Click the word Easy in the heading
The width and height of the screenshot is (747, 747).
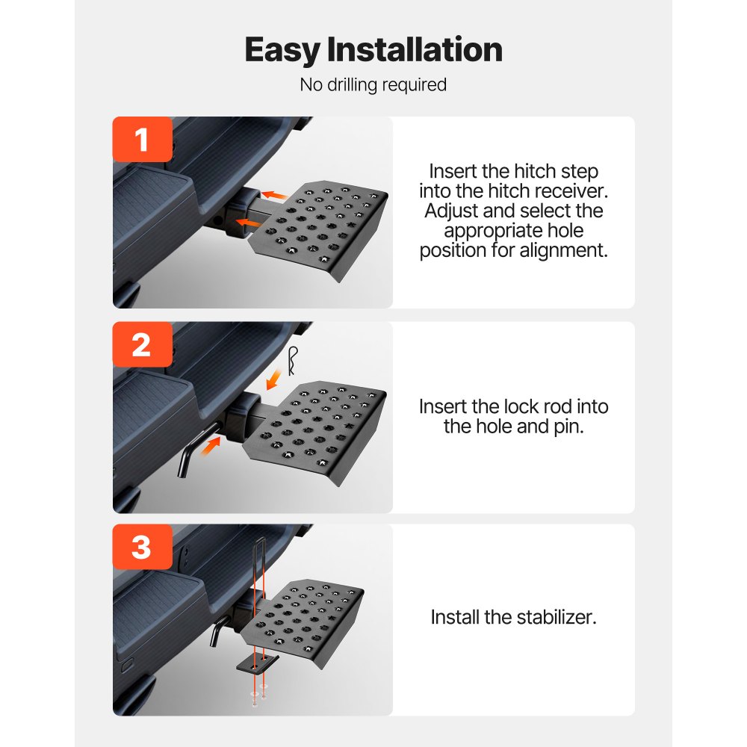click(x=282, y=50)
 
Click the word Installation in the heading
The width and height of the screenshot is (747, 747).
click(x=415, y=50)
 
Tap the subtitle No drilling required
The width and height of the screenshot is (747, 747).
click(x=373, y=84)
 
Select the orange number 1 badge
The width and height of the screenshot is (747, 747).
click(x=142, y=140)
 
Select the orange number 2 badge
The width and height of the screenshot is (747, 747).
click(x=142, y=345)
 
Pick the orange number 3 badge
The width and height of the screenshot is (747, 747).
click(x=142, y=548)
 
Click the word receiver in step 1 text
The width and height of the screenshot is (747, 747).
click(x=567, y=191)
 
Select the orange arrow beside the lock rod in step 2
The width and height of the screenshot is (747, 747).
click(x=215, y=444)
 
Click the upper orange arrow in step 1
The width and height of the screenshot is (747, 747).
click(x=276, y=196)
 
